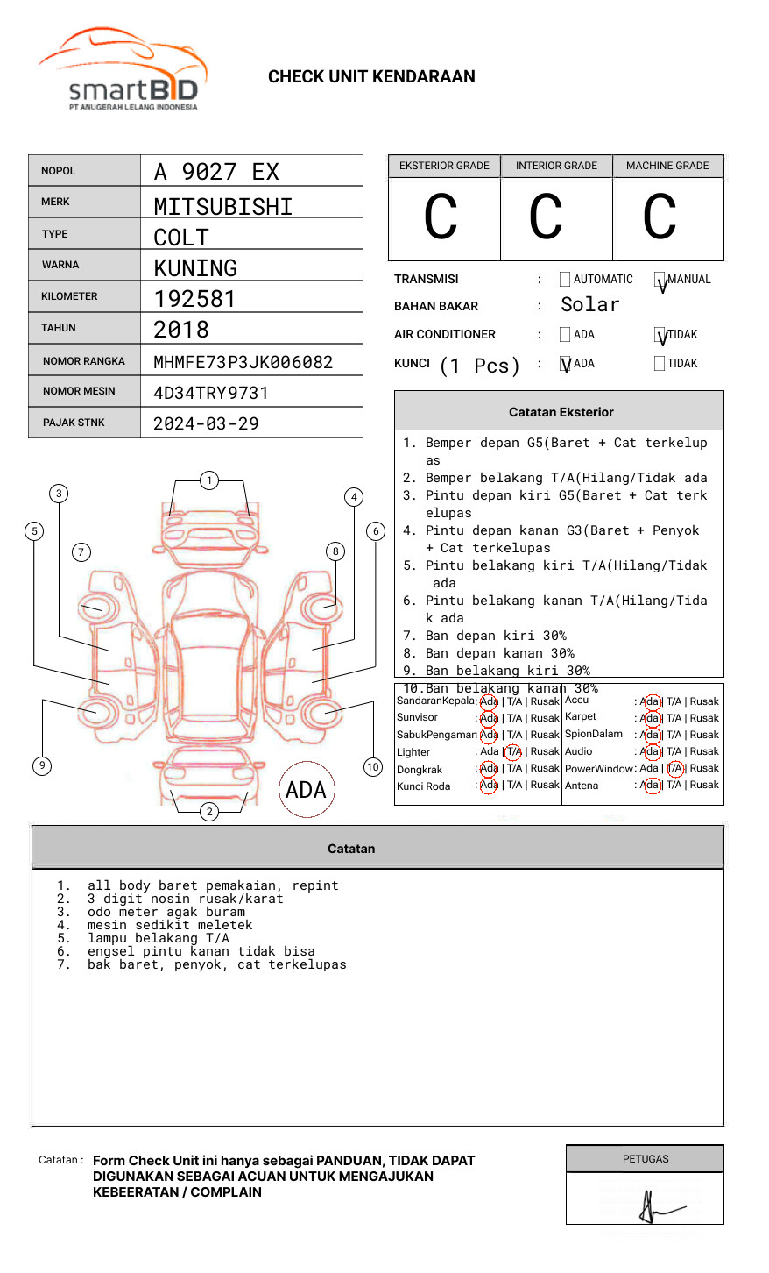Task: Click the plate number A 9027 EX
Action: tap(216, 172)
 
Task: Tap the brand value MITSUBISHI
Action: tap(223, 207)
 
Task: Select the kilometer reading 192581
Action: tap(194, 299)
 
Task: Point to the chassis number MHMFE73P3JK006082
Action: tap(243, 362)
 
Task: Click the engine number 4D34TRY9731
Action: tap(210, 393)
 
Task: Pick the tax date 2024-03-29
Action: tap(206, 423)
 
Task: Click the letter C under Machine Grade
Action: tap(660, 217)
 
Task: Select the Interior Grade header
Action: tap(556, 166)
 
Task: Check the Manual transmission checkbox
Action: tap(660, 280)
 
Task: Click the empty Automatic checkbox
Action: tap(565, 280)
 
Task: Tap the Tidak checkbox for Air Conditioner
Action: tap(660, 335)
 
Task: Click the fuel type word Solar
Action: tap(589, 305)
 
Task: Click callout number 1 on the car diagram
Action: tap(208, 480)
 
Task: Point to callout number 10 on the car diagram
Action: tap(373, 767)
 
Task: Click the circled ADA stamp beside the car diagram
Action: tap(307, 790)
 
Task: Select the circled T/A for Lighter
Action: tap(513, 751)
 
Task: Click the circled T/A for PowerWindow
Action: tap(674, 768)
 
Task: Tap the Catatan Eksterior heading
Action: tap(561, 412)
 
